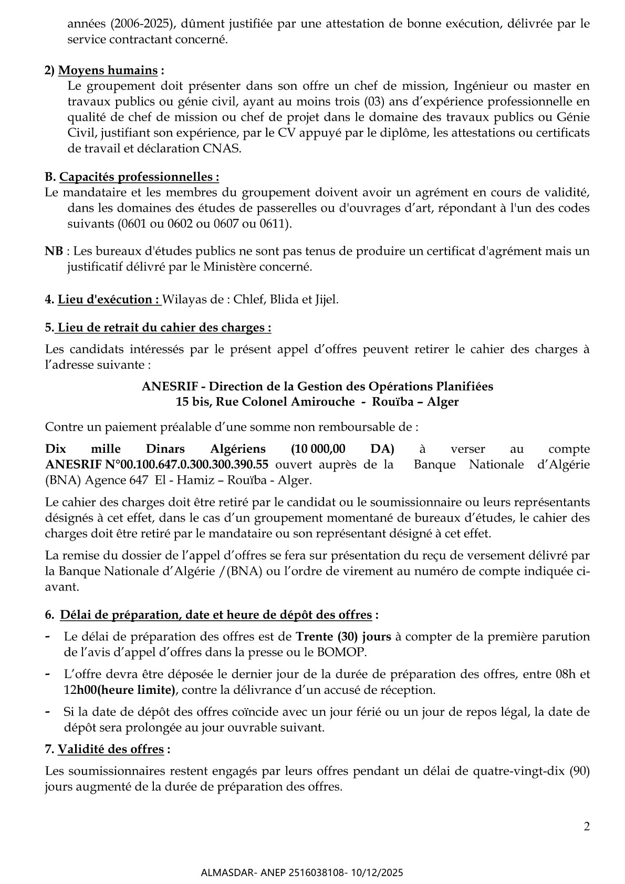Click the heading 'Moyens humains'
(x=107, y=70)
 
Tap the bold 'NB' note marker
(x=54, y=251)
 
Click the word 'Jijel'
(x=325, y=299)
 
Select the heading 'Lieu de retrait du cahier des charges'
(x=164, y=327)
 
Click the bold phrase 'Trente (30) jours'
(x=343, y=637)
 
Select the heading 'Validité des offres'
(x=111, y=750)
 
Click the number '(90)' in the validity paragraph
(x=579, y=772)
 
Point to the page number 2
(x=587, y=827)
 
